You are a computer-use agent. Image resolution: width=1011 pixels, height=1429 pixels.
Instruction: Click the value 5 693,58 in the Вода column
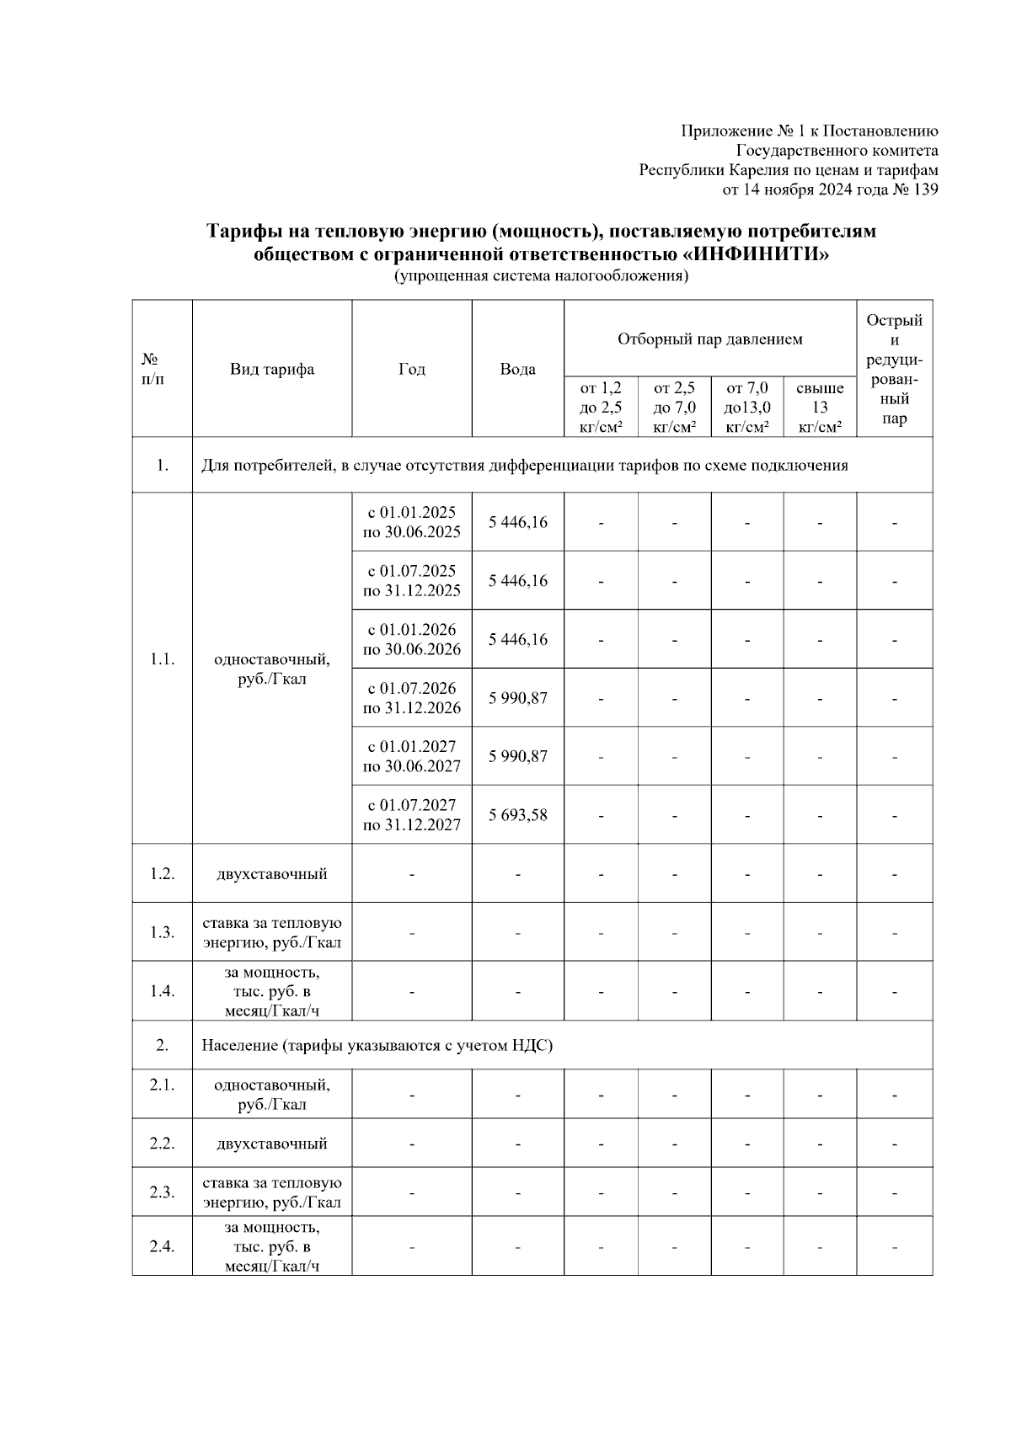(517, 814)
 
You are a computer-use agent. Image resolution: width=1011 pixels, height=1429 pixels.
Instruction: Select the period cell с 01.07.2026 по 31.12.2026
(411, 697)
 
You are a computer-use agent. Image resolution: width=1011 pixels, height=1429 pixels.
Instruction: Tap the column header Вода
(517, 369)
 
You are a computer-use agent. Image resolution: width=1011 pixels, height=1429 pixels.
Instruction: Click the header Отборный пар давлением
(709, 339)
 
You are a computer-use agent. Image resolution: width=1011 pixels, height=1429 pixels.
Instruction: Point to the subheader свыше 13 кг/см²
(820, 408)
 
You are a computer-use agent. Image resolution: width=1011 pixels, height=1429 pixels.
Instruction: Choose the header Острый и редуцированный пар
(894, 369)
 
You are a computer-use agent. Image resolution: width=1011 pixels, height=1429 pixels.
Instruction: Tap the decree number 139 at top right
(925, 189)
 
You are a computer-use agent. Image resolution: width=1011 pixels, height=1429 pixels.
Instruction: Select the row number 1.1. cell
(162, 659)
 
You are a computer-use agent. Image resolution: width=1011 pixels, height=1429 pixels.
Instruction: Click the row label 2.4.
(162, 1246)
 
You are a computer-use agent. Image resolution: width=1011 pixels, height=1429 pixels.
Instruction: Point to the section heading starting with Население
(377, 1045)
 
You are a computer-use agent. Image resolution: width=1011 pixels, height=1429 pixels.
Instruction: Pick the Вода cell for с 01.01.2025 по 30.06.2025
(517, 522)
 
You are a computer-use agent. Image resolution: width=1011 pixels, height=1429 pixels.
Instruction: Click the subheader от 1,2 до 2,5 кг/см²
(601, 408)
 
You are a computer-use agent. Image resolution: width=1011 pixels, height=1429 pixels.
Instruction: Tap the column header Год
(411, 369)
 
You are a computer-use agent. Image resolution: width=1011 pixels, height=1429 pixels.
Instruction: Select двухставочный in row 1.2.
(271, 873)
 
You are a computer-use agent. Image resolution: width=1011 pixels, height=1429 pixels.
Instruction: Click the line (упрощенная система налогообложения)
(541, 276)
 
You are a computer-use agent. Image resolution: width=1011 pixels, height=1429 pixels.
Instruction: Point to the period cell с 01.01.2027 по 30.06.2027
(411, 756)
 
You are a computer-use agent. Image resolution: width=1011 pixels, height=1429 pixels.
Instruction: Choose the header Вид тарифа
(271, 369)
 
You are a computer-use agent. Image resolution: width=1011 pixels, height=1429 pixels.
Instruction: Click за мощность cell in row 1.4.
(271, 991)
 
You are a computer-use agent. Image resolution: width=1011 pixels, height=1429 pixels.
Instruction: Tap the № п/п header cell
(153, 369)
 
